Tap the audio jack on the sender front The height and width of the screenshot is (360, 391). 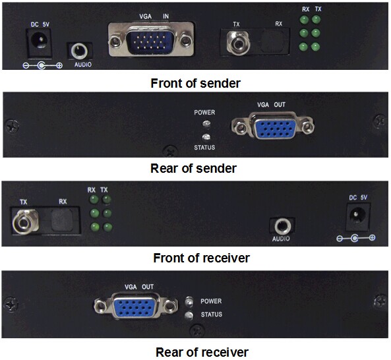(x=79, y=51)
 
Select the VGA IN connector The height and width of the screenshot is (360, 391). (x=151, y=40)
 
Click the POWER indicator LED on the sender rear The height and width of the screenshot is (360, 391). (x=206, y=123)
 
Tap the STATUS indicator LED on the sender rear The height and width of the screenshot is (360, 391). (x=206, y=136)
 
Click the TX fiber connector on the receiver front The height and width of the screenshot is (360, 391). (x=25, y=222)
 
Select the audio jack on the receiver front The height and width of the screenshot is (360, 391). (x=282, y=226)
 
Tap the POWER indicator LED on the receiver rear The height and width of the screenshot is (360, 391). (x=189, y=301)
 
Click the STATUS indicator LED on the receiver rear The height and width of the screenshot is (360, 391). (x=189, y=315)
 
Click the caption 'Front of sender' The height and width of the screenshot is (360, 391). (x=195, y=83)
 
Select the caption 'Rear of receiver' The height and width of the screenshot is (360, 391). (x=202, y=352)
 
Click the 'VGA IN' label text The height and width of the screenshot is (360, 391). (x=154, y=16)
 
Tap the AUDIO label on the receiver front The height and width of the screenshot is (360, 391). (x=281, y=239)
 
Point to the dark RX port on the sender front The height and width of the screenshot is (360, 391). (x=272, y=42)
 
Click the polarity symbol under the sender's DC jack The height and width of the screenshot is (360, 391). (x=42, y=66)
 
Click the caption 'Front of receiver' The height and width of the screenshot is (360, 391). (x=201, y=258)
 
